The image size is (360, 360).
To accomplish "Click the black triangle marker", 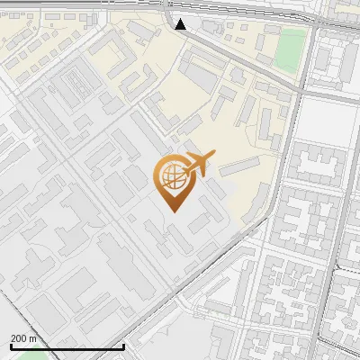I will coord(181,24).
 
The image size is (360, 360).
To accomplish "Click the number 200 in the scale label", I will coord(19,337).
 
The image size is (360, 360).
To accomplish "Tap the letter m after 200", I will coord(33,337).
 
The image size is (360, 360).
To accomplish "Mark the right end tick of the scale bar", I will coord(123,345).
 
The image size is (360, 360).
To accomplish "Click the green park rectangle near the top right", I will coord(289,49).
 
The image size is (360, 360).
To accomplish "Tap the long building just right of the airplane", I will coord(238,166).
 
